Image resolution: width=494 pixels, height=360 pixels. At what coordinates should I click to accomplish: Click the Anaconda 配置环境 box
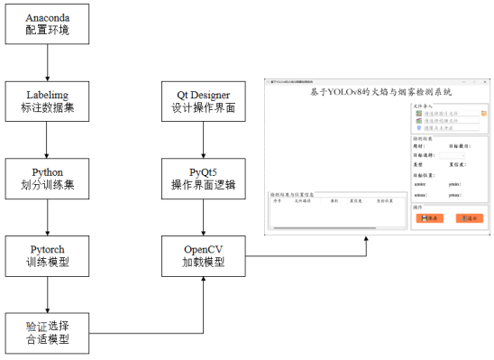tap(46, 25)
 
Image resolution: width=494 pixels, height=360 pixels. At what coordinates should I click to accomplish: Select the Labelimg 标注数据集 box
tap(46, 101)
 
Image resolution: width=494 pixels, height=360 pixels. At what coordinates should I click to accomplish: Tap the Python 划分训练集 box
tap(46, 178)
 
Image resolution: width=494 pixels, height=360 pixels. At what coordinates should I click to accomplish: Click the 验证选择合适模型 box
tap(46, 333)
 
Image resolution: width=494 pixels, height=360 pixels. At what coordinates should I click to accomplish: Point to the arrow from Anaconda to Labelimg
tap(46, 63)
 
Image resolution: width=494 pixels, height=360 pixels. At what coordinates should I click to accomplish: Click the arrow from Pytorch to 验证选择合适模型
tap(46, 294)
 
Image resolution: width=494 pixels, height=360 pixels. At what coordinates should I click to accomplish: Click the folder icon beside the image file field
tap(484, 114)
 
